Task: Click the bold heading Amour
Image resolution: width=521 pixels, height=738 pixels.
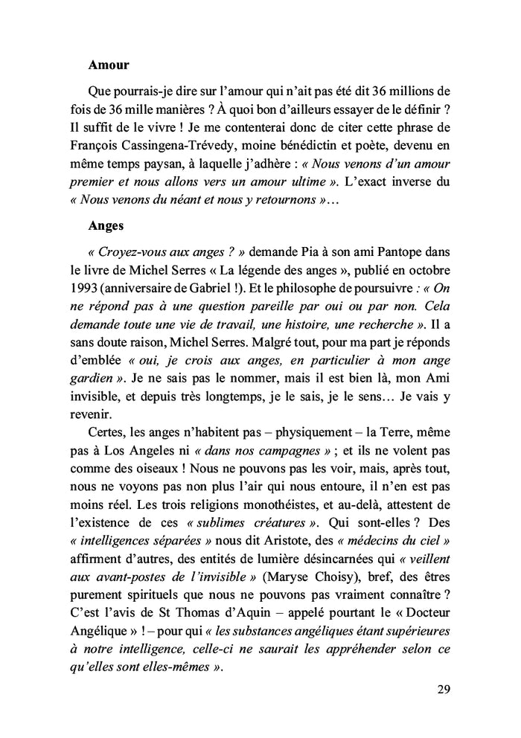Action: (x=108, y=65)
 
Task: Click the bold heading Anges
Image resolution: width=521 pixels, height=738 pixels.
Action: (x=107, y=229)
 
